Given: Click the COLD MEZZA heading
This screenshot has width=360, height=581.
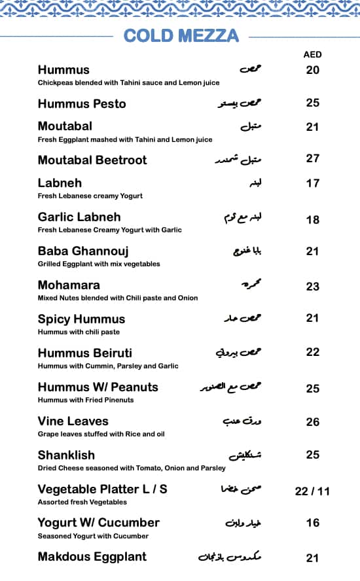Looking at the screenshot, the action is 181,35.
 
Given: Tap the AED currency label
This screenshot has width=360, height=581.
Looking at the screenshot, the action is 313,54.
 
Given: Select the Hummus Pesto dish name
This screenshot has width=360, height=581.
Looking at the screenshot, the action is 82,103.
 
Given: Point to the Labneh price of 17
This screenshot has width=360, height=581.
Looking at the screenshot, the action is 313,183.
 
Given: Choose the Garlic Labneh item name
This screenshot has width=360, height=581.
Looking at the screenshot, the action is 79,217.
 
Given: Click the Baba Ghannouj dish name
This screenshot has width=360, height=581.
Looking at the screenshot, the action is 83,251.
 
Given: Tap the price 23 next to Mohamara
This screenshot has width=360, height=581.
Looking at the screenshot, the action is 313,286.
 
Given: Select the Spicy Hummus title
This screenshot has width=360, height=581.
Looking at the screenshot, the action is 81,319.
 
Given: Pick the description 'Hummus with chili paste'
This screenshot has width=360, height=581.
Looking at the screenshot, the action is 79,332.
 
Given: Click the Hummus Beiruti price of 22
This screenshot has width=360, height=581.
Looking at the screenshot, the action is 313,352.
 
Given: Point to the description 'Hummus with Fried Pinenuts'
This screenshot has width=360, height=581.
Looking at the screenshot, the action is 86,400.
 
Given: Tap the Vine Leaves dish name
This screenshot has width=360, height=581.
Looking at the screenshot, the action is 73,421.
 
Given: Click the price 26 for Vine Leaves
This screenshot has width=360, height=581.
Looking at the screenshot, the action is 313,422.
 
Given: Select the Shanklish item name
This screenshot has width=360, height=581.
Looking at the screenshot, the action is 66,455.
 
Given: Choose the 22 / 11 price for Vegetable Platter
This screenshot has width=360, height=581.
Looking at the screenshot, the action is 312,491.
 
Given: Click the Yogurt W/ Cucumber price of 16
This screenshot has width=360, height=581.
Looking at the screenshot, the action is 313,523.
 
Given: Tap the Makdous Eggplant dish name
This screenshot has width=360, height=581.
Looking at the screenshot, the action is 92,557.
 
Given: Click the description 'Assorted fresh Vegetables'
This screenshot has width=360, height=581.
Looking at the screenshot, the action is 82,502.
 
